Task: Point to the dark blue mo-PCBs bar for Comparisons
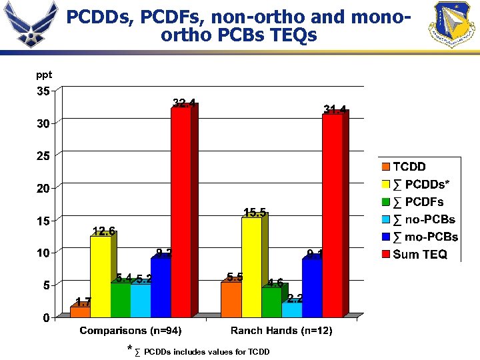point(161,287)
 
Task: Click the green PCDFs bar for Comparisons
point(120,299)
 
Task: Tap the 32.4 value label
point(184,103)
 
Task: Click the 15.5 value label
point(255,213)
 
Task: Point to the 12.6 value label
point(103,231)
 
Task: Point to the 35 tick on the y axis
point(43,91)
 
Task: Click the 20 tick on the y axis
point(43,188)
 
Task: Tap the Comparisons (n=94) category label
point(131,331)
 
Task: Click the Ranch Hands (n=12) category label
point(281,331)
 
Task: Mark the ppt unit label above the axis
point(44,75)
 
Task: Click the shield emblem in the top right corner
point(454,25)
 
